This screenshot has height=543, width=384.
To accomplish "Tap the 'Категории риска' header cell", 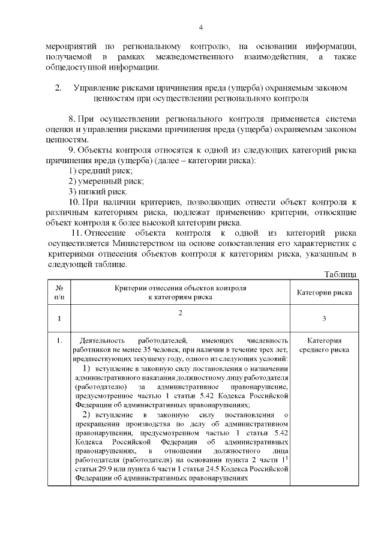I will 325,293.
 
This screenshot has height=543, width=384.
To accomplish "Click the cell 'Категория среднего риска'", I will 325,345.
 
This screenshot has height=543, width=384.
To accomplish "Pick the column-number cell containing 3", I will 325,319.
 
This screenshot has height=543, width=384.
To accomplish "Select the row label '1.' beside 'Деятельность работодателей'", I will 59,341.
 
